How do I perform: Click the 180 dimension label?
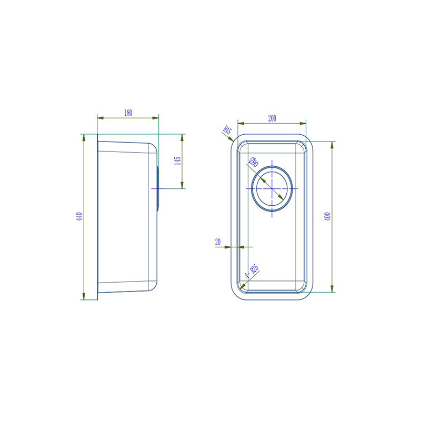pyautogui.click(x=128, y=113)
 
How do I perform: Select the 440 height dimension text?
pyautogui.click(x=79, y=216)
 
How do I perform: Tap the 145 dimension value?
pyautogui.click(x=177, y=161)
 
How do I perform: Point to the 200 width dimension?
pyautogui.click(x=272, y=118)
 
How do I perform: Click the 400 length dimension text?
pyautogui.click(x=327, y=216)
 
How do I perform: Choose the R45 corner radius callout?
pyautogui.click(x=227, y=130)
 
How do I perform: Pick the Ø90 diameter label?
pyautogui.click(x=254, y=163)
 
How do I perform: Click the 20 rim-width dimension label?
pyautogui.click(x=218, y=242)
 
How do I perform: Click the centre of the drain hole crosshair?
pyautogui.click(x=272, y=188)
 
